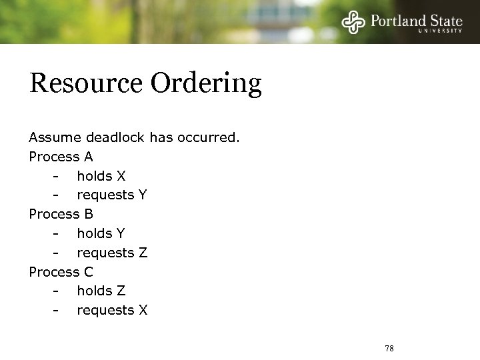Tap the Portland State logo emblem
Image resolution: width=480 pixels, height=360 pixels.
click(353, 22)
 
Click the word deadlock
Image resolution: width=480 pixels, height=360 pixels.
click(115, 138)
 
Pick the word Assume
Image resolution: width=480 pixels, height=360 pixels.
click(54, 138)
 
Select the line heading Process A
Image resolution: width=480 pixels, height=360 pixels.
click(61, 157)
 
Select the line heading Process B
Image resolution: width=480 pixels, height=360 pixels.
click(61, 215)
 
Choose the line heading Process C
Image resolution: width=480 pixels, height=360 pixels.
click(61, 272)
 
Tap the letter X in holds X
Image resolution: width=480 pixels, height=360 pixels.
click(121, 177)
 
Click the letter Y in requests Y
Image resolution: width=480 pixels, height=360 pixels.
click(142, 195)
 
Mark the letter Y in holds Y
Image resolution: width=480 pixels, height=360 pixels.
click(121, 234)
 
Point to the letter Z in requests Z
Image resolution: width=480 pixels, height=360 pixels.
click(142, 253)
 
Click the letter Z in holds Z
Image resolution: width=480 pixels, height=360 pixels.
click(121, 291)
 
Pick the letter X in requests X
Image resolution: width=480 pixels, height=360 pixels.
click(143, 311)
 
